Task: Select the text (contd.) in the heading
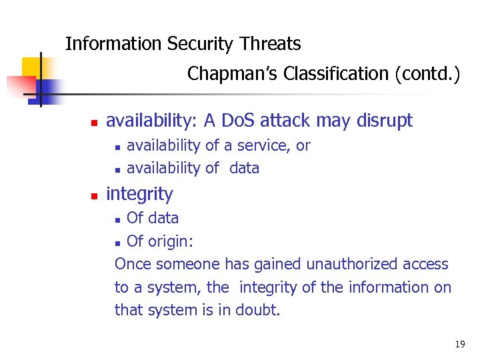point(427,73)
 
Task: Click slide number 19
point(459,344)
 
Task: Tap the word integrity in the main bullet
point(139,194)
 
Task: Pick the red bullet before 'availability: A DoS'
point(94,123)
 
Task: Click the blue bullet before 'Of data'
point(118,219)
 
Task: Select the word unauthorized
point(352,264)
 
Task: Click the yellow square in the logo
point(31,67)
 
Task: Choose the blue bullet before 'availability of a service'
point(117,147)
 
